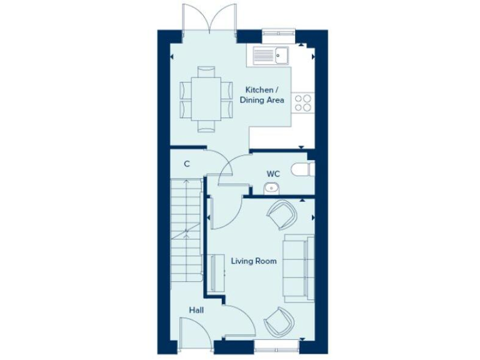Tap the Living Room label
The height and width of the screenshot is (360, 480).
point(254,261)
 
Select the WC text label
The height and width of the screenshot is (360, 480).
point(272,173)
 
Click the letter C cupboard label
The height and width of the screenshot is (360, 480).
point(187,164)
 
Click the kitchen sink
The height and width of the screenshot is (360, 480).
point(270,55)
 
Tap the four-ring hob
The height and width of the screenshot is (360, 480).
point(303,102)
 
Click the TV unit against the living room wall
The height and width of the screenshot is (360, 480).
point(217,273)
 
